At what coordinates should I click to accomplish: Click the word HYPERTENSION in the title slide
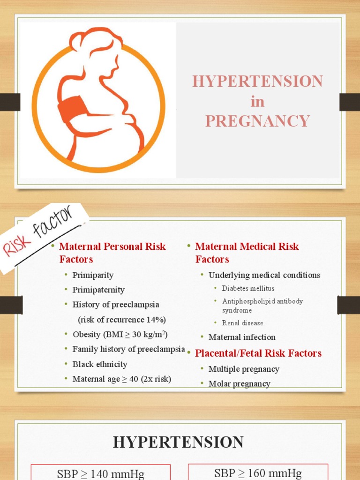click(257, 81)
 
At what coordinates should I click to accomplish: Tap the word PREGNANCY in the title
click(257, 121)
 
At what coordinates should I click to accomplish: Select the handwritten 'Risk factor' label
click(39, 232)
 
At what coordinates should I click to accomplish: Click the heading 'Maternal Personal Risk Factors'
click(112, 253)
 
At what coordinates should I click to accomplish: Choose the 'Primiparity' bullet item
click(93, 275)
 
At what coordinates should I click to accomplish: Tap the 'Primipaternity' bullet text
click(98, 290)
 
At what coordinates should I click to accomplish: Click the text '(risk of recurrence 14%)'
click(122, 320)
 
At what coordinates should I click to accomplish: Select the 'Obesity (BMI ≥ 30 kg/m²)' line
click(120, 335)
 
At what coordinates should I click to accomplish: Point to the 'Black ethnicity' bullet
click(100, 364)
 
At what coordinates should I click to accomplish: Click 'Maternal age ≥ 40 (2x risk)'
click(121, 379)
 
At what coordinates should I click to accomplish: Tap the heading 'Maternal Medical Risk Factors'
click(247, 253)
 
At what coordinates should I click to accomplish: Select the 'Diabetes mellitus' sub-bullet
click(248, 288)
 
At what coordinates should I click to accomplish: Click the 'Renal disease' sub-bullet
click(242, 323)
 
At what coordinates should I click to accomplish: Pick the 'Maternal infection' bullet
click(242, 337)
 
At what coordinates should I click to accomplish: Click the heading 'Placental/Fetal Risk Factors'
click(258, 353)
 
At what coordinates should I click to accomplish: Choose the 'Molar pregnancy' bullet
click(239, 384)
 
